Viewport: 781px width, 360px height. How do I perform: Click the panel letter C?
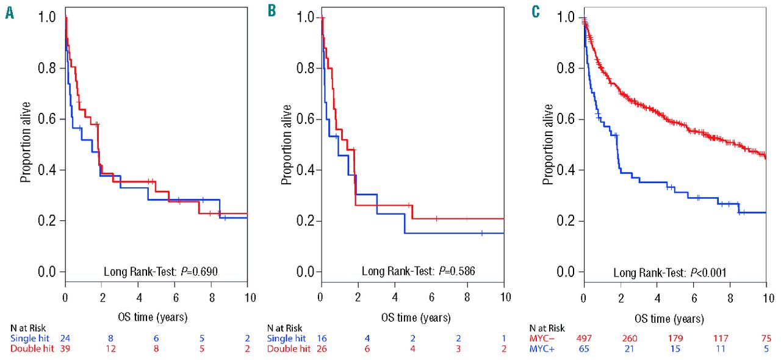pos(535,12)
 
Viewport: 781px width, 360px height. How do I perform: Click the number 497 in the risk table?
pos(575,337)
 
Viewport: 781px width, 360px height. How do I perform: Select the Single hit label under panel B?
pos(287,337)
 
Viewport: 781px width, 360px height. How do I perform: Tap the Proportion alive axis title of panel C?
pos(549,144)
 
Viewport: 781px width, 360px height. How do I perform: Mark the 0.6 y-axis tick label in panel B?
pos(305,119)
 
